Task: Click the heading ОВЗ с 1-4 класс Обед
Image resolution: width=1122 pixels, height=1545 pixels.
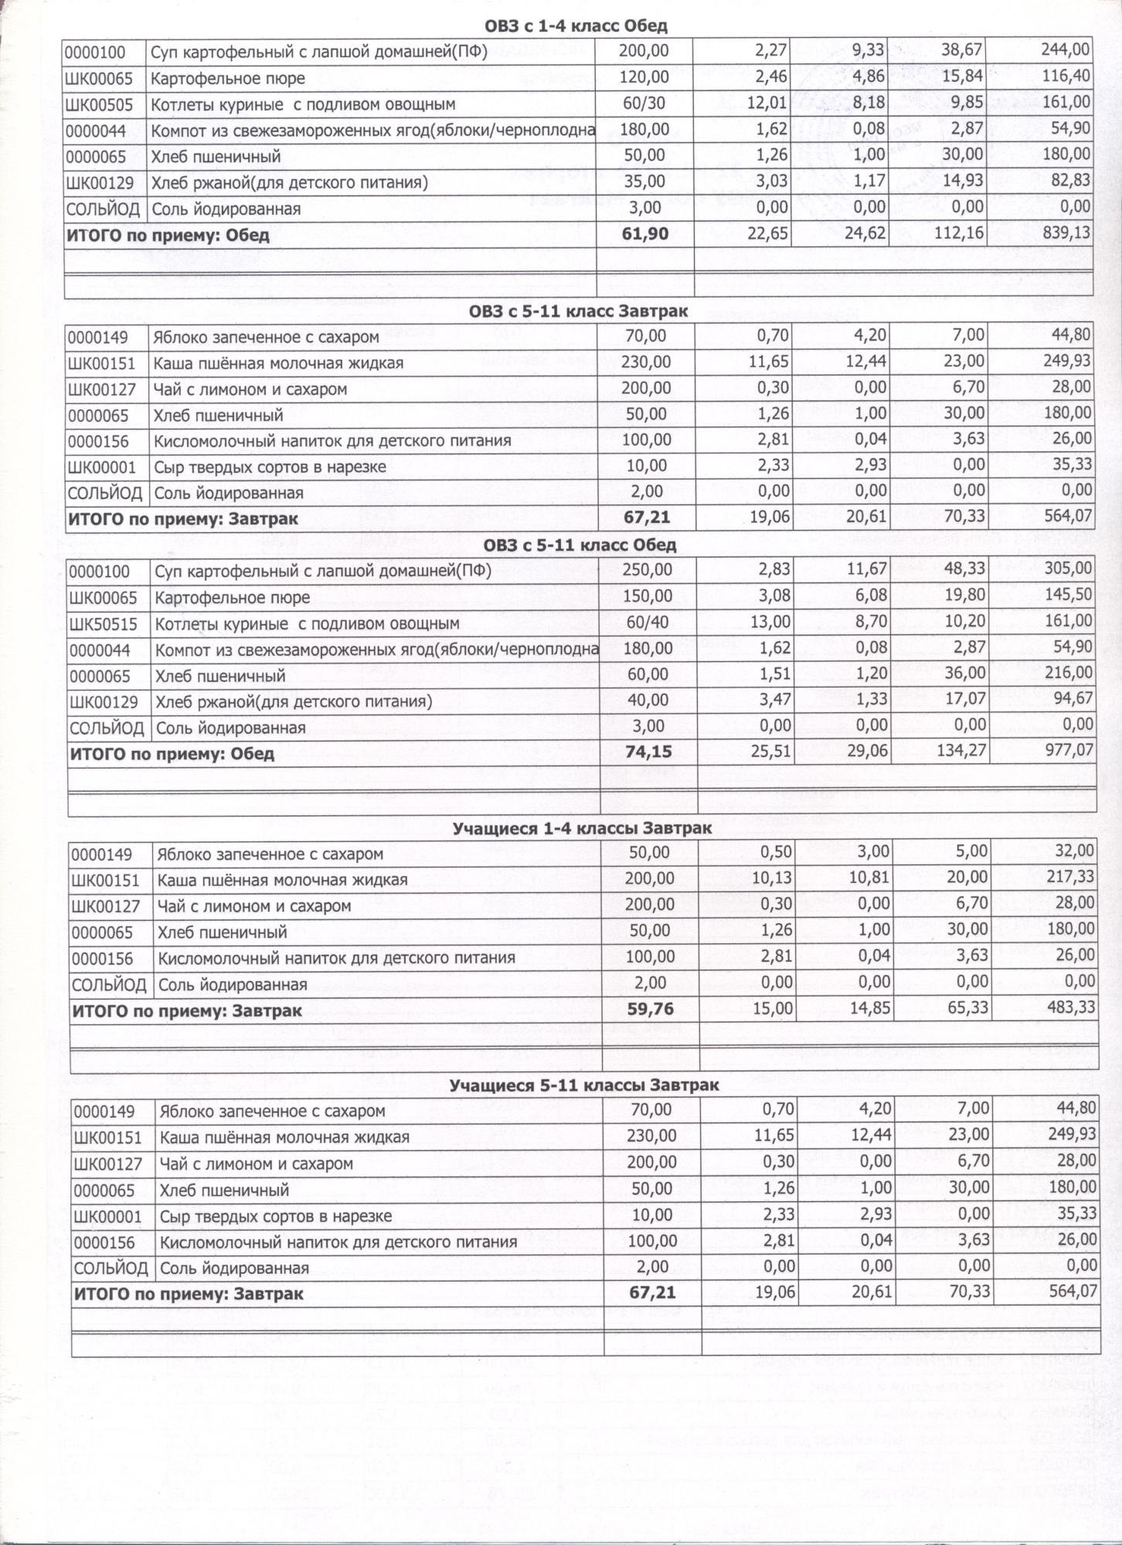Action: (x=576, y=26)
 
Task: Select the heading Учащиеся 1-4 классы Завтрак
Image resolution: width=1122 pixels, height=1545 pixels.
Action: (x=582, y=828)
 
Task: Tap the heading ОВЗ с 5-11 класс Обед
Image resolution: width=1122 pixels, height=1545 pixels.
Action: (x=580, y=545)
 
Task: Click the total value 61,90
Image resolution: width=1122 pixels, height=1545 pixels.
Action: (x=644, y=234)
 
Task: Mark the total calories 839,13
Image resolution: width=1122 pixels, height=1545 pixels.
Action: (x=1066, y=233)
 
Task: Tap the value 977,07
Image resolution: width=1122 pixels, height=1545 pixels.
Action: (x=1069, y=750)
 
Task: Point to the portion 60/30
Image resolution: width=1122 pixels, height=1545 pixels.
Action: (x=644, y=104)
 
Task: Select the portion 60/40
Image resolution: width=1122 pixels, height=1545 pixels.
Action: (x=648, y=623)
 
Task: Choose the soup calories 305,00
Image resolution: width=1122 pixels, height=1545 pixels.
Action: (x=1069, y=569)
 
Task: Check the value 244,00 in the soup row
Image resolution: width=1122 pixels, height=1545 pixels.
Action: (x=1066, y=51)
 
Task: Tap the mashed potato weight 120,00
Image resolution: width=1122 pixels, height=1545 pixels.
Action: (x=644, y=77)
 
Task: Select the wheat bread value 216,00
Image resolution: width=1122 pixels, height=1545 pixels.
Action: (x=1069, y=674)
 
